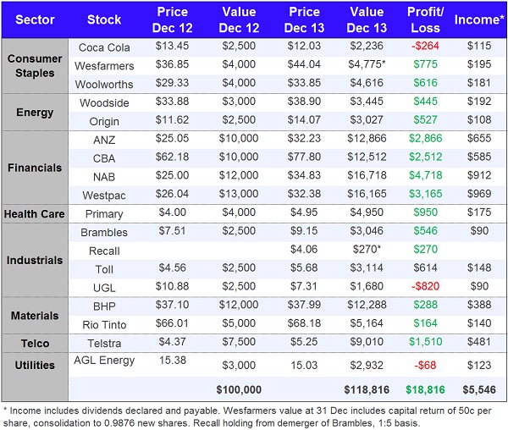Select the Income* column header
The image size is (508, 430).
479,19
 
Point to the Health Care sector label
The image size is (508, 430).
36,214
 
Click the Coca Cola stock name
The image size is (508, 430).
104,47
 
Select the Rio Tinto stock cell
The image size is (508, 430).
104,324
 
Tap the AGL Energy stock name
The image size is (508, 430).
104,361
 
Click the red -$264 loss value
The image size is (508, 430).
426,47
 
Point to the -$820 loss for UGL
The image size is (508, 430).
426,287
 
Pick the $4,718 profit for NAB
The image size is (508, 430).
426,177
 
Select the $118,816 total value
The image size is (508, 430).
367,389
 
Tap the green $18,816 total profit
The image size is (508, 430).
426,389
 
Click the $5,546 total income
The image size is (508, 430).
479,389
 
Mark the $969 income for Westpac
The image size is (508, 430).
479,195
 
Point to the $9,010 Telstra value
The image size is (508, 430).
367,344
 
